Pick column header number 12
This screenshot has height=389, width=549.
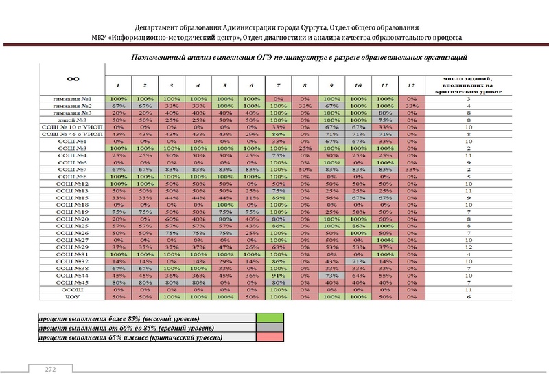point(410,85)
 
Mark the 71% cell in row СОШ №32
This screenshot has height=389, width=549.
point(357,261)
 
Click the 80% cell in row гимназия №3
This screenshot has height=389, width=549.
point(384,113)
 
